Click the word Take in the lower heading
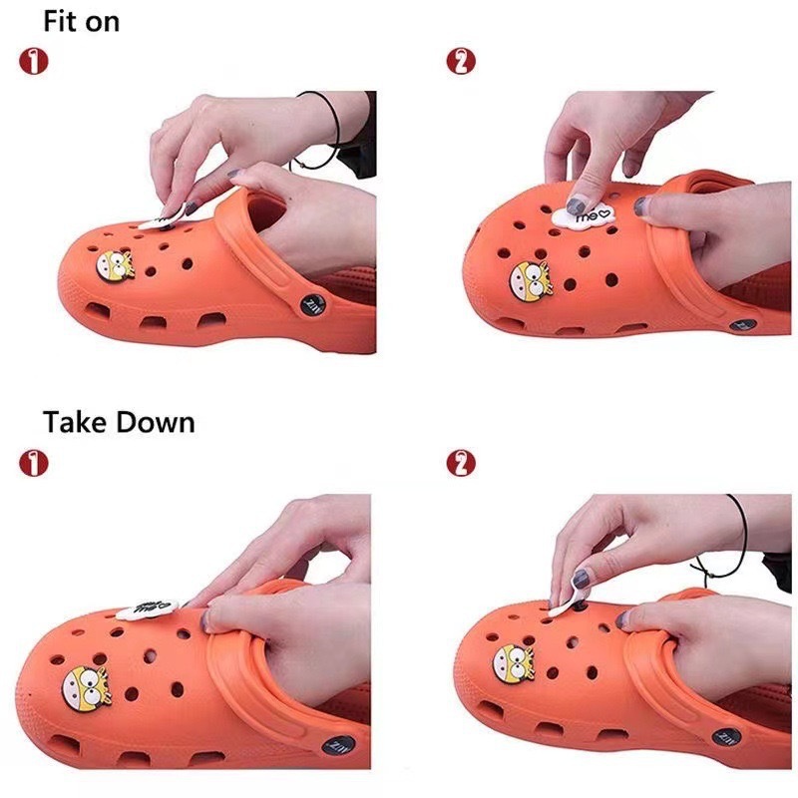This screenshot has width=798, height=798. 76,422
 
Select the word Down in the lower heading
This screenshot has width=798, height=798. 156,422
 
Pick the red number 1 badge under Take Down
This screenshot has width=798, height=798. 33,462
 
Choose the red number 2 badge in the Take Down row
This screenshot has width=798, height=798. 460,462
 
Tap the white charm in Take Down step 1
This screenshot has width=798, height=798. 147,608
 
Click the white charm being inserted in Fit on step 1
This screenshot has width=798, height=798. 157,221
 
